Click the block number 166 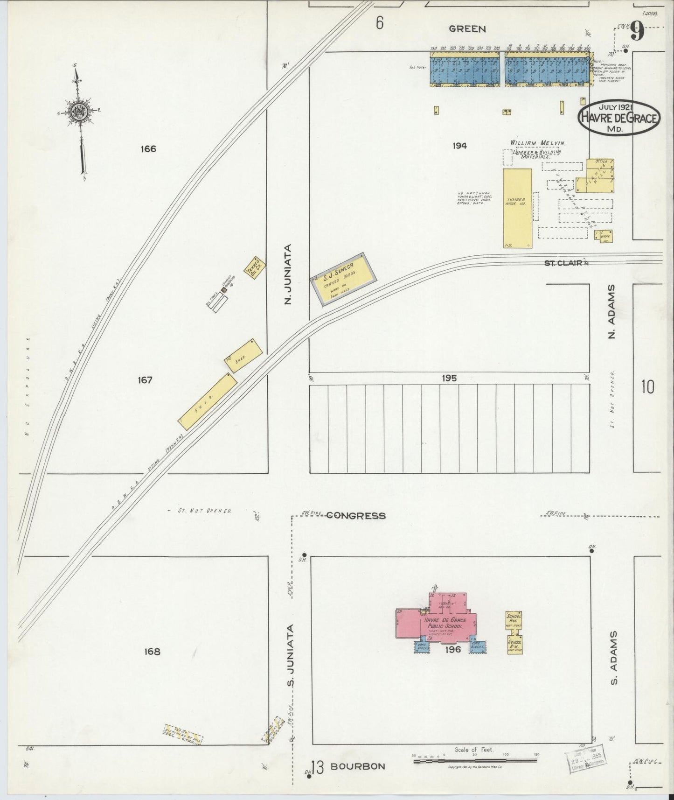(x=148, y=149)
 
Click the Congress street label (x=355, y=516)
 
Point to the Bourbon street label (x=358, y=766)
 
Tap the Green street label (x=467, y=29)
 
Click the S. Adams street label (x=614, y=658)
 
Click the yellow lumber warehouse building (x=517, y=208)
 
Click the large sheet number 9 (x=638, y=32)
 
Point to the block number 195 (x=450, y=378)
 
